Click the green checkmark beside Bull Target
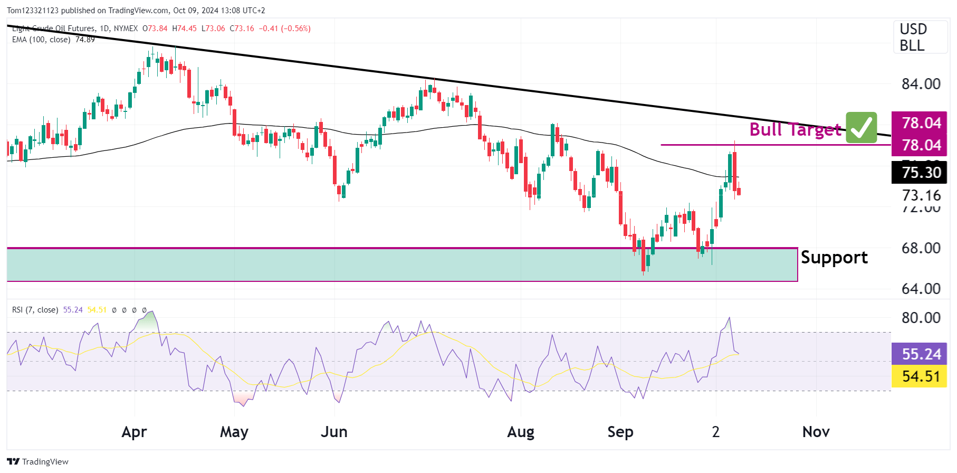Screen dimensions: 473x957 click(x=861, y=127)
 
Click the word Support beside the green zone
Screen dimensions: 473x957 click(x=834, y=258)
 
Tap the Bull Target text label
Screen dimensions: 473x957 click(x=795, y=129)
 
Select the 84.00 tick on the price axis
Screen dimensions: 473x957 click(x=921, y=84)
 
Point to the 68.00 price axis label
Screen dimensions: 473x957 click(x=921, y=248)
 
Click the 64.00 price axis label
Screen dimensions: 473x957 click(x=921, y=289)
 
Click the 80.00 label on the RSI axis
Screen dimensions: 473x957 click(x=921, y=318)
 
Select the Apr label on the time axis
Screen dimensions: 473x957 click(x=134, y=432)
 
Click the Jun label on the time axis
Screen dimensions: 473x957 click(x=334, y=432)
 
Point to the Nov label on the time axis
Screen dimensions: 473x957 click(x=816, y=432)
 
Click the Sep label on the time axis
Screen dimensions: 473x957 click(x=620, y=432)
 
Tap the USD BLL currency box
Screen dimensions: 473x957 click(x=920, y=37)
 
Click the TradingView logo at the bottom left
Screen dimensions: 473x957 click(x=38, y=461)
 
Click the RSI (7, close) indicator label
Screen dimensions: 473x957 click(x=35, y=310)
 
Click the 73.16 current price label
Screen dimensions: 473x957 click(x=921, y=195)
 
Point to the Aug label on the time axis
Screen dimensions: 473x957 click(x=520, y=432)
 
